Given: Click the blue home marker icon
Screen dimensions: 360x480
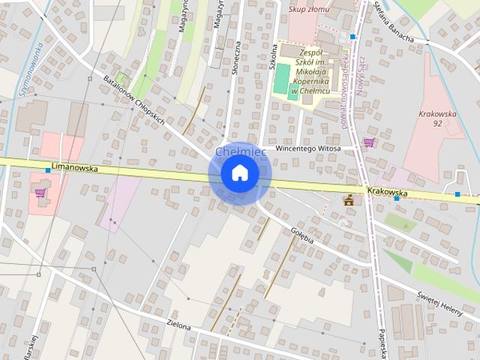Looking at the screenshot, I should coord(240,173).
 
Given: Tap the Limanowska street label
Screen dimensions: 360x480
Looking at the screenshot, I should coord(75,169).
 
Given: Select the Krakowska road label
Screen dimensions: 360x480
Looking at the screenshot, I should coord(388,192).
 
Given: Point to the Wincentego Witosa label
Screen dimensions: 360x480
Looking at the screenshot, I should coord(308,148).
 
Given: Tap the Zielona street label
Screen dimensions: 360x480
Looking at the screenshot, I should coord(178,327).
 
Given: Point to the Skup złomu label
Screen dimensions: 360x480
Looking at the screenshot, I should coord(309,10).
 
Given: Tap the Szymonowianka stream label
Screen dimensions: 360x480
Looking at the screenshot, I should coord(29,71).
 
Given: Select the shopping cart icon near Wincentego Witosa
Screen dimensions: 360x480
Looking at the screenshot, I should coord(368,142).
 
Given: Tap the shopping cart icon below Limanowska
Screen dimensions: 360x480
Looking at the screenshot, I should coord(40,193).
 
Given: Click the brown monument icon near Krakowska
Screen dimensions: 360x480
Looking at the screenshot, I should coord(347,199).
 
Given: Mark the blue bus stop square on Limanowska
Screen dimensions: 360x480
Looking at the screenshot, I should coord(48,171).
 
